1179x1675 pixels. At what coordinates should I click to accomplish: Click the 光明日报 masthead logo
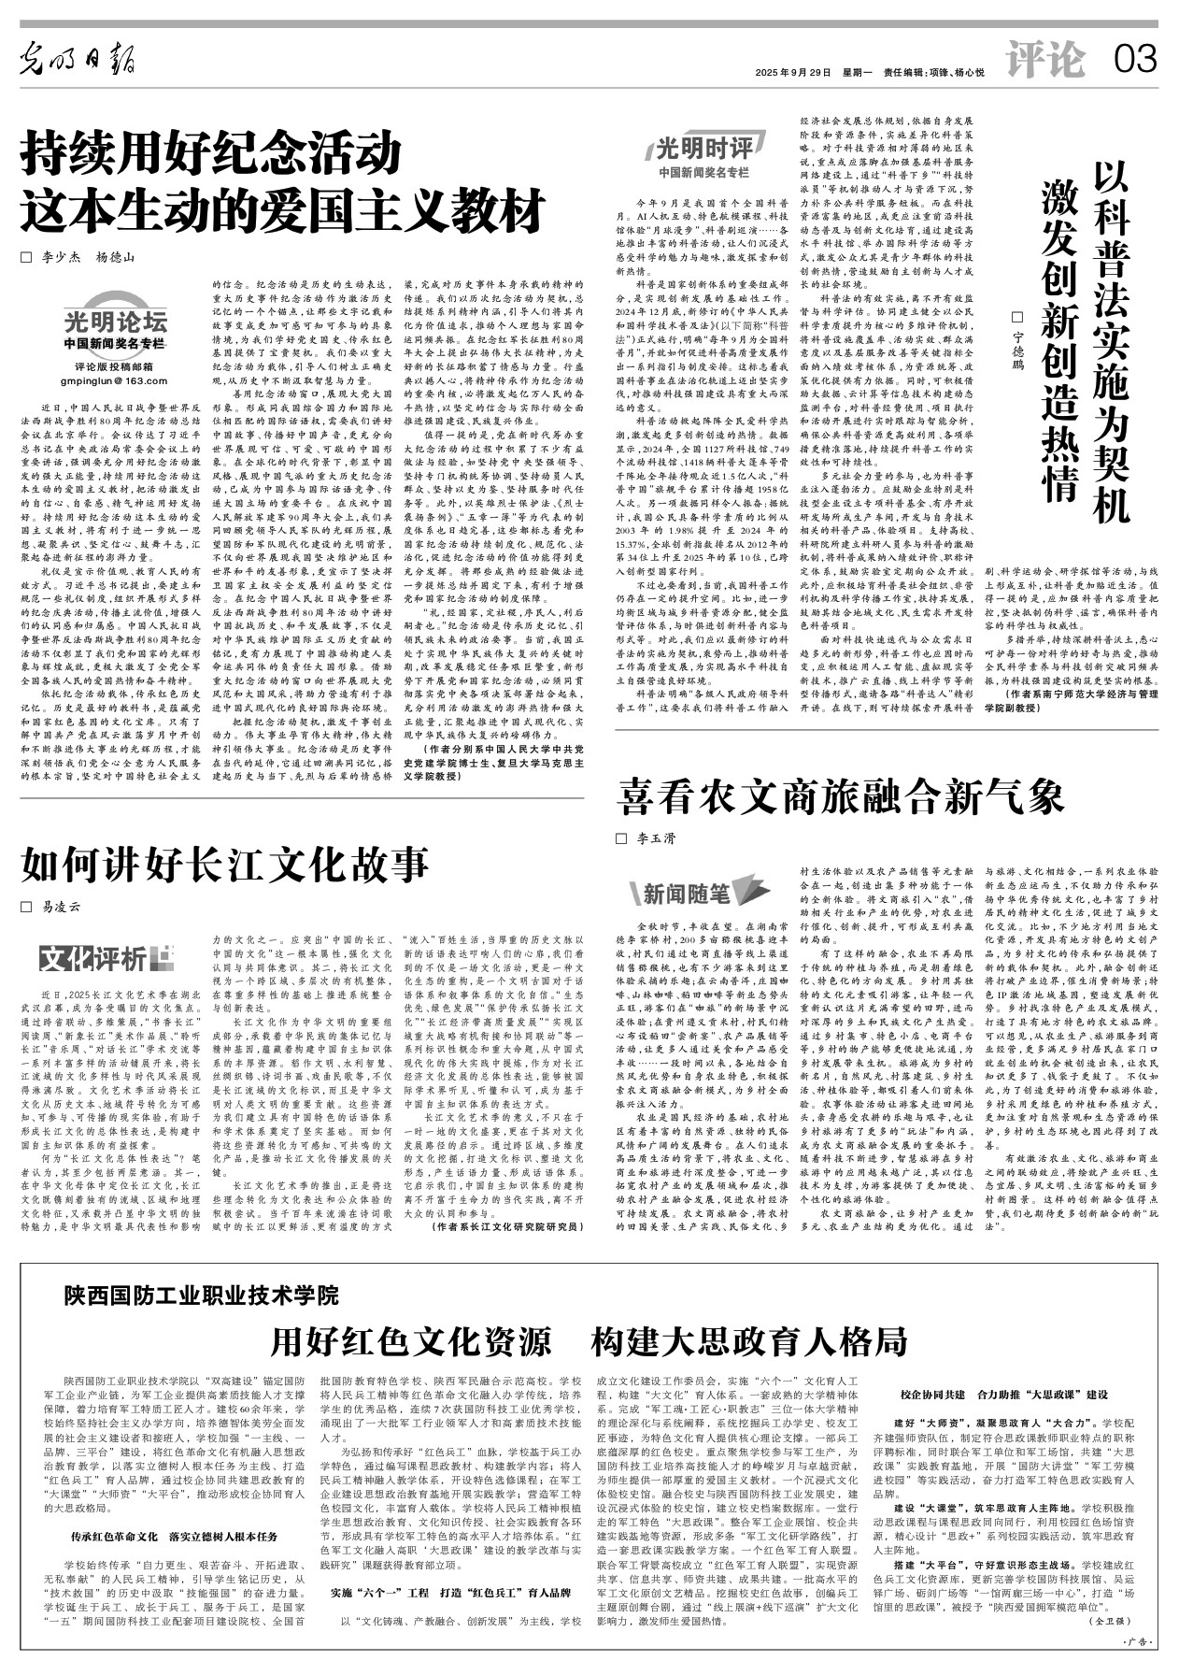[x=78, y=62]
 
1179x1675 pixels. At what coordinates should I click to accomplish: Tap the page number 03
[x=1135, y=62]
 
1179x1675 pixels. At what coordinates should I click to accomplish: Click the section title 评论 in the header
[x=1045, y=62]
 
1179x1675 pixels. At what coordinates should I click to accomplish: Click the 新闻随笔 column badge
[x=687, y=895]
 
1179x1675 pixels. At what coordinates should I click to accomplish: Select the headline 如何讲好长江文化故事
[x=225, y=864]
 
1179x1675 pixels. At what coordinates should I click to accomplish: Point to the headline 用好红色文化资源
[x=411, y=1340]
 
